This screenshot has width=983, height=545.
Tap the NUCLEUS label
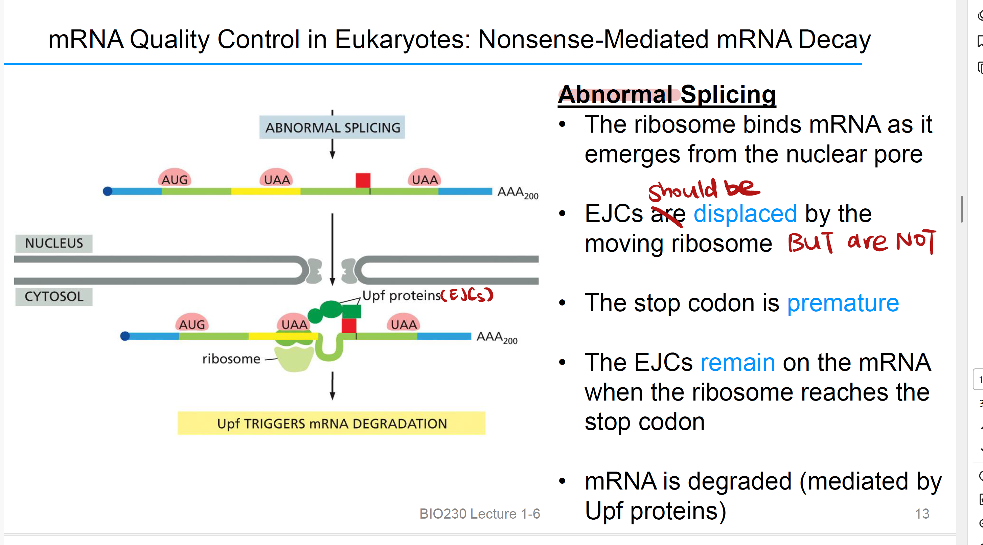(x=54, y=243)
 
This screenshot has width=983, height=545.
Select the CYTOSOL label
(x=54, y=297)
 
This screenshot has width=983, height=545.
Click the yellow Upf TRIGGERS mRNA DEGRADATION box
(x=331, y=423)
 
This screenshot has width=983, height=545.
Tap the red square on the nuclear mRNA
(x=363, y=180)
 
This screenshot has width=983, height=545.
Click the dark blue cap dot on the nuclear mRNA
(x=108, y=191)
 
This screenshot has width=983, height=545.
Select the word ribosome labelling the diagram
(x=231, y=359)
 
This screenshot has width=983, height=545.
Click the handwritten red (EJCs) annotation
(x=467, y=295)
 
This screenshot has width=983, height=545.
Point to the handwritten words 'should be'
(x=703, y=189)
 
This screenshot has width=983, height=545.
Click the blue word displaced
(x=745, y=213)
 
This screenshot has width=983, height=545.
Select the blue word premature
(x=843, y=303)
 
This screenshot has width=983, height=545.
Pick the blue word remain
(x=738, y=362)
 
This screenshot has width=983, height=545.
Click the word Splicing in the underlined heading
(x=728, y=94)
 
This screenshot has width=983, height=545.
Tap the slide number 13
(x=922, y=514)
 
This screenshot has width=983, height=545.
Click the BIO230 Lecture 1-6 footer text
(x=480, y=514)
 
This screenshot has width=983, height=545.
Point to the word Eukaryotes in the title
(x=402, y=39)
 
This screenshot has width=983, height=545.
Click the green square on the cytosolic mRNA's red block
(x=351, y=312)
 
